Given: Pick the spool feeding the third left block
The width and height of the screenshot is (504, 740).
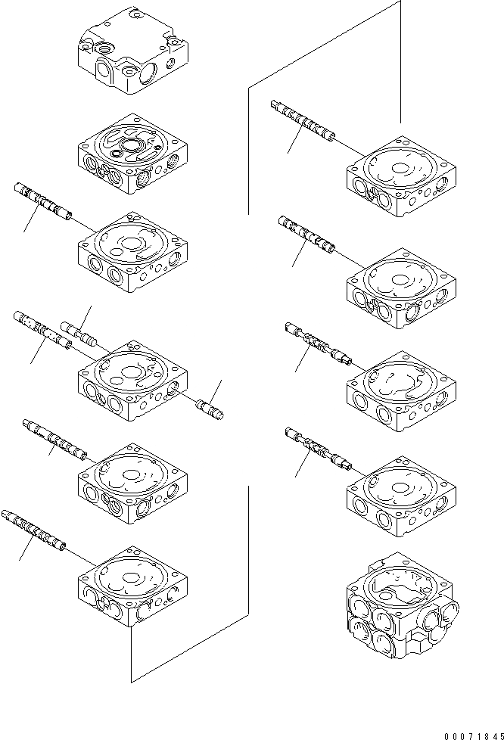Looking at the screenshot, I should coord(43,200).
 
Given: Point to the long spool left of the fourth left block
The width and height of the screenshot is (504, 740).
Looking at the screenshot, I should coord(42,330).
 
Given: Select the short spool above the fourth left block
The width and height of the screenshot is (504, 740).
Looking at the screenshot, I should coord(79,333).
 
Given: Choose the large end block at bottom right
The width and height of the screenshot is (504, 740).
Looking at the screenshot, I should coord(401,605).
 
